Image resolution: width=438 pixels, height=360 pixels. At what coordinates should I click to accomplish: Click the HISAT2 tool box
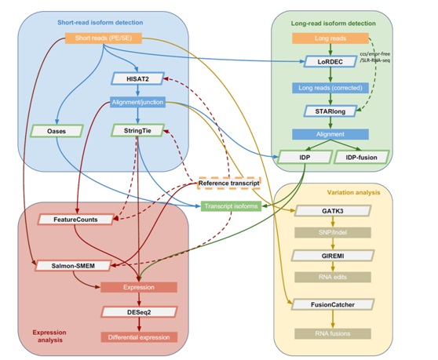(137, 78)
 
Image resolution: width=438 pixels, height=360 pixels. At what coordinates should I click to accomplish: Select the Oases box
(57, 131)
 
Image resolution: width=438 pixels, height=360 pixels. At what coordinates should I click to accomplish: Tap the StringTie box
(137, 130)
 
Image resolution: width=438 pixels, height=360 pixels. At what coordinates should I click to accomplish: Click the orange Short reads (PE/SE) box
(104, 38)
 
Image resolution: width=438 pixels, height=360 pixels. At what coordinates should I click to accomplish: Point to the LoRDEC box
(330, 61)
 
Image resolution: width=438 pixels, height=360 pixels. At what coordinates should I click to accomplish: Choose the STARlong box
(330, 111)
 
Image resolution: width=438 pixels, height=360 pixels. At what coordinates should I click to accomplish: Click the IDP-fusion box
(361, 157)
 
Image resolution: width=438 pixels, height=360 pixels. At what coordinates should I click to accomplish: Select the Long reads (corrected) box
(330, 88)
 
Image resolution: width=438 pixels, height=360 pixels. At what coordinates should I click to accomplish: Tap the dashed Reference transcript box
(229, 183)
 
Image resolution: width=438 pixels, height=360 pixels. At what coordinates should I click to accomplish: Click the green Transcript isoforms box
(231, 206)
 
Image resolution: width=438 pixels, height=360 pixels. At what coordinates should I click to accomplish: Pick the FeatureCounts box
(75, 220)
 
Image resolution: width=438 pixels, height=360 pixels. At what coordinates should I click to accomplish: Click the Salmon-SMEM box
(73, 266)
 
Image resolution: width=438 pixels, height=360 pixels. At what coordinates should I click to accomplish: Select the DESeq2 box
(139, 312)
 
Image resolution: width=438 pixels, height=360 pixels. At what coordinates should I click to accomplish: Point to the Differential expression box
(139, 337)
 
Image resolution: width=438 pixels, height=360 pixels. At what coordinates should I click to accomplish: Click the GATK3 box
(333, 211)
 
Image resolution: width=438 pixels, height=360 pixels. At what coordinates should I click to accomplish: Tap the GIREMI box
(333, 256)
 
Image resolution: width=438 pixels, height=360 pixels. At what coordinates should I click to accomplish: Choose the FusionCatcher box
(333, 304)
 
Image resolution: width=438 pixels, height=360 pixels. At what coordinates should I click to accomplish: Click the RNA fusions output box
(333, 333)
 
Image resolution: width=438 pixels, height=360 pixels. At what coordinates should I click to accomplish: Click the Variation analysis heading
(354, 192)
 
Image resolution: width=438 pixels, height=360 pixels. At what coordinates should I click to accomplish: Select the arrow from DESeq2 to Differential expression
(139, 325)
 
